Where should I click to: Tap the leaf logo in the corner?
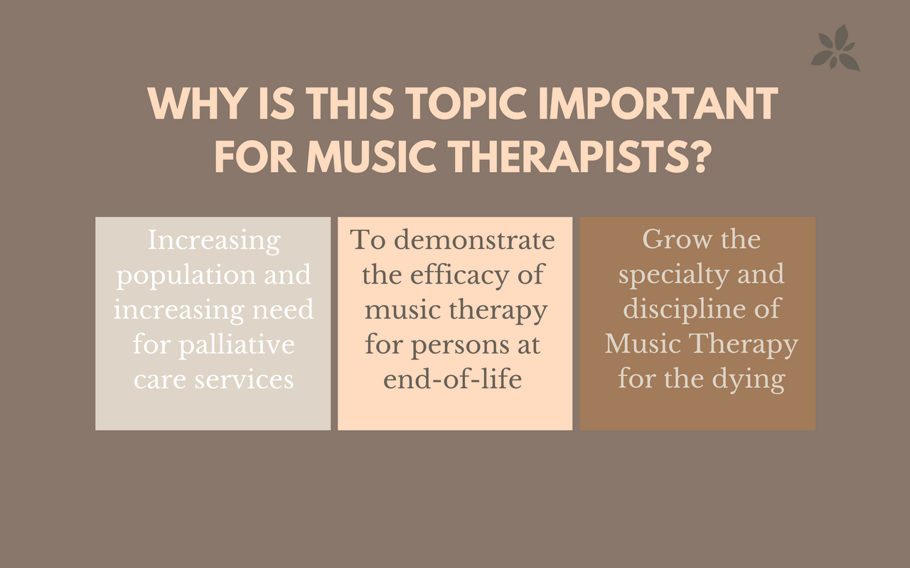835,47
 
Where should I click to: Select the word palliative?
237,345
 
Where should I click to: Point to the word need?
283,311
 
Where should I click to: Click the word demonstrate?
474,240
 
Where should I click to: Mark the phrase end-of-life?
453,380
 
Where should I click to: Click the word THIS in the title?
350,103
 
